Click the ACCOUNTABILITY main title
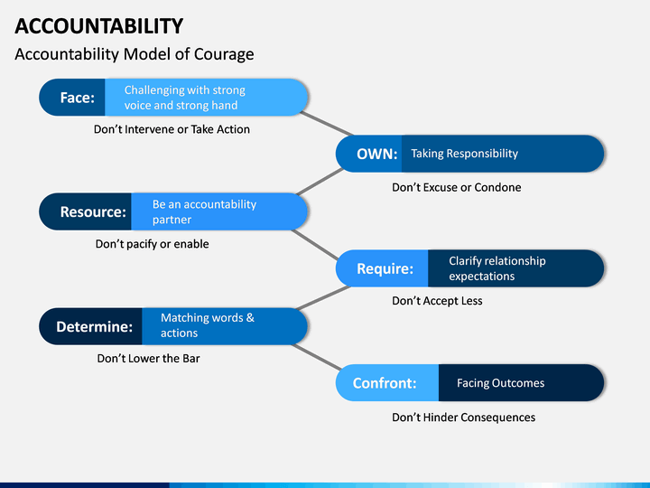pyautogui.click(x=99, y=26)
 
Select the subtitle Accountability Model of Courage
pyautogui.click(x=135, y=54)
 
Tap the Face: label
pyautogui.click(x=78, y=98)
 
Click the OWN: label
pyautogui.click(x=377, y=154)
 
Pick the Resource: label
pyautogui.click(x=93, y=211)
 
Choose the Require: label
pyautogui.click(x=385, y=268)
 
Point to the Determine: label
pyautogui.click(x=95, y=326)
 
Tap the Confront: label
pyautogui.click(x=385, y=383)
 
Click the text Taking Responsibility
pyautogui.click(x=465, y=154)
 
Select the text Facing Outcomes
pyautogui.click(x=501, y=383)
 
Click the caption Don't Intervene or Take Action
pyautogui.click(x=172, y=129)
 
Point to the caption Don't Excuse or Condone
pyautogui.click(x=457, y=188)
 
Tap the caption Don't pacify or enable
pyautogui.click(x=153, y=244)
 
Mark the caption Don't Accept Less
pyautogui.click(x=437, y=301)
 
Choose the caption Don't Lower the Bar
pyautogui.click(x=148, y=359)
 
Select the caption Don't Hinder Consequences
pyautogui.click(x=464, y=418)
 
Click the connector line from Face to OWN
pyautogui.click(x=326, y=124)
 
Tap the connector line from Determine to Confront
pyautogui.click(x=316, y=357)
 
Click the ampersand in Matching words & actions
pyautogui.click(x=250, y=318)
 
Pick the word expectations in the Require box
pyautogui.click(x=482, y=277)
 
